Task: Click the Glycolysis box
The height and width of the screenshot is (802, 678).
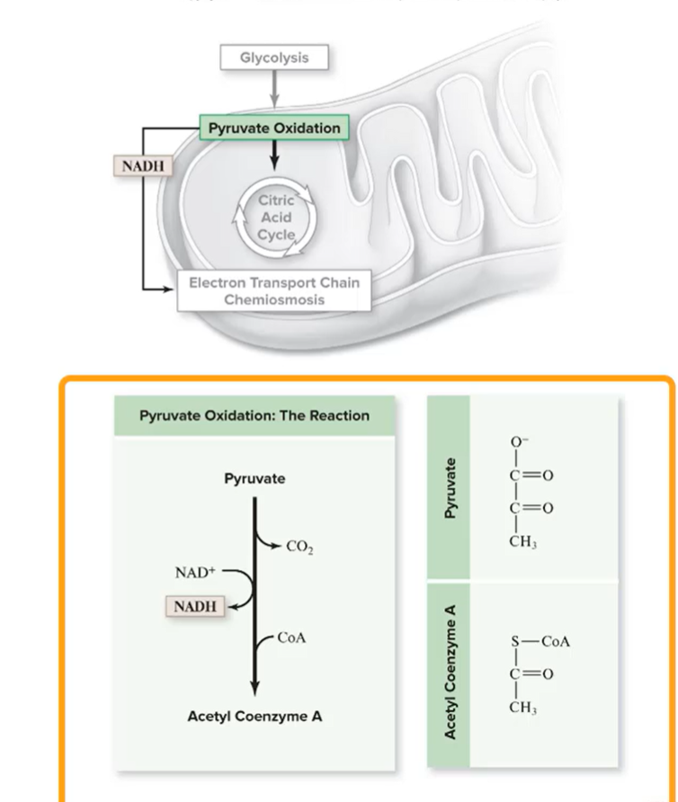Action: coord(273,58)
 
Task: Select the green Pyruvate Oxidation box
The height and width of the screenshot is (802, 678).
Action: coord(274,129)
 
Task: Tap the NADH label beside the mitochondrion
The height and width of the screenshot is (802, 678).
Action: coord(142,167)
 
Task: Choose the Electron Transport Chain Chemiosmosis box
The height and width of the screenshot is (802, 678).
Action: coord(273,290)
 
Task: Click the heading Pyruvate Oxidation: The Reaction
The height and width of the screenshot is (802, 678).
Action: coord(254,415)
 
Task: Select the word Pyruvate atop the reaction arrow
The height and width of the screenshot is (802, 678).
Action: coord(254,478)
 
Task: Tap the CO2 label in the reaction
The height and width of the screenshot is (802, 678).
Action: coord(299,546)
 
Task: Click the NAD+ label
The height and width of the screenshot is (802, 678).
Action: coord(193,572)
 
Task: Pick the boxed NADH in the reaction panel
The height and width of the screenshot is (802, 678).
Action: coord(195,606)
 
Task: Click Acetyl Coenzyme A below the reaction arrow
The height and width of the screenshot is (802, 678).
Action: coord(254,717)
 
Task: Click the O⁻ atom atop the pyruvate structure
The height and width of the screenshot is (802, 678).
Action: coord(517,441)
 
